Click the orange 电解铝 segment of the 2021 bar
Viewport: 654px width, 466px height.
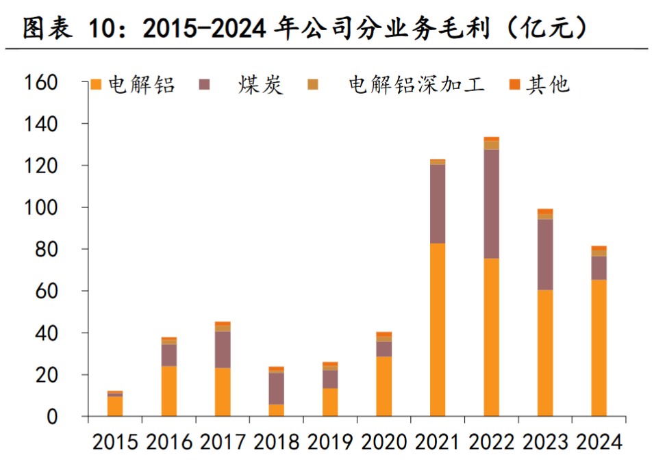(x=438, y=329)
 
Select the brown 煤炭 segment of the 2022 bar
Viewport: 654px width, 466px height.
(x=492, y=204)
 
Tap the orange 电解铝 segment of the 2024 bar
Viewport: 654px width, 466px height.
(x=599, y=348)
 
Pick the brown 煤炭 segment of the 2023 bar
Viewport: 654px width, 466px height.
(x=545, y=255)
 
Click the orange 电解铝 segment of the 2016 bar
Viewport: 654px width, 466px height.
(x=169, y=391)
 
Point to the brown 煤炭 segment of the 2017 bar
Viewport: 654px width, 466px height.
(x=223, y=350)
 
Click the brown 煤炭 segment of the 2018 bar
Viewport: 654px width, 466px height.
(x=276, y=388)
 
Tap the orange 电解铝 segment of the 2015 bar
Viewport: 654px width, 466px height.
(x=116, y=406)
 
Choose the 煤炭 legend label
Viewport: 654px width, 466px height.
(x=261, y=85)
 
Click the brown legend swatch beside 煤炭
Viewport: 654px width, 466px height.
(x=205, y=85)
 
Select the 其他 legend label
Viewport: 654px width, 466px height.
(x=548, y=85)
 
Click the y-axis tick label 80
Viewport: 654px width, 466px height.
(x=62, y=250)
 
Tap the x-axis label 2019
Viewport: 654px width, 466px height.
(x=330, y=442)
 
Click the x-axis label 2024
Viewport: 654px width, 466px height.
(x=599, y=442)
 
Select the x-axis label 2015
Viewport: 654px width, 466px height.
(x=116, y=442)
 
